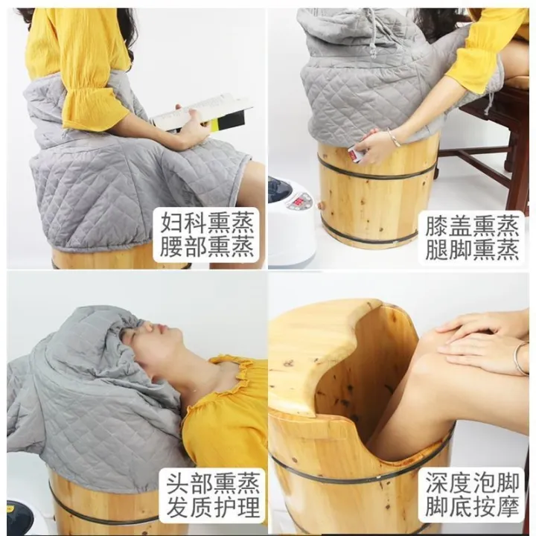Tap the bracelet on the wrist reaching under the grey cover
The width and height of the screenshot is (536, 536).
tap(393, 138)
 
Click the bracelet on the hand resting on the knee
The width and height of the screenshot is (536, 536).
tap(518, 358)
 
